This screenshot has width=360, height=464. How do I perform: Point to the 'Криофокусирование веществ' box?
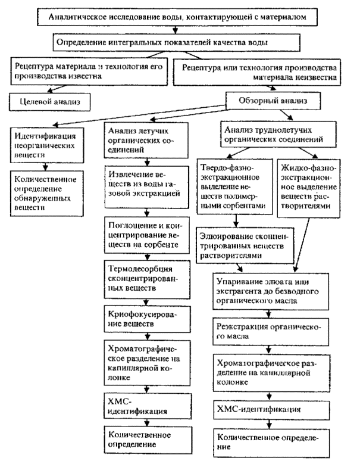pos(142,318)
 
